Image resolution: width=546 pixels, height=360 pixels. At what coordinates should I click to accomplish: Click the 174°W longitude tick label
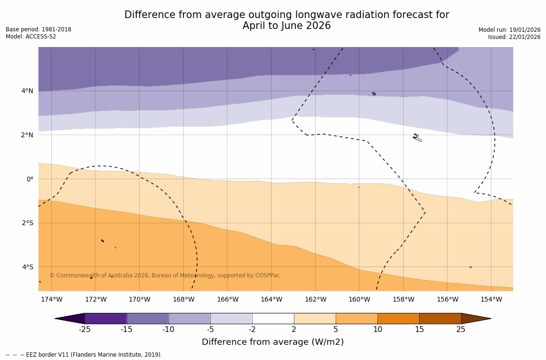pos(51,299)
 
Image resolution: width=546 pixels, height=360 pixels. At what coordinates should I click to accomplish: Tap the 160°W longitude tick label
pos(359,299)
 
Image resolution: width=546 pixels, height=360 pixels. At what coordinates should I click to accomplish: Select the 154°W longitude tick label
pos(491,299)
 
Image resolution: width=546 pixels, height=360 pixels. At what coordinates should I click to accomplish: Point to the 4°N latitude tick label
pos(28,91)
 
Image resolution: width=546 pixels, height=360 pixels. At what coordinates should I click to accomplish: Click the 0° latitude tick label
pos(30,179)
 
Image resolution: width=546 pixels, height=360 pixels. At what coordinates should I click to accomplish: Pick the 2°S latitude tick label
pos(28,223)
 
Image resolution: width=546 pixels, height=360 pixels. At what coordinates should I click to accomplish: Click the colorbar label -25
pos(85,329)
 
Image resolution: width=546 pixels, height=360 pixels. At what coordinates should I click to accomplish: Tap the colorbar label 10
pos(377,329)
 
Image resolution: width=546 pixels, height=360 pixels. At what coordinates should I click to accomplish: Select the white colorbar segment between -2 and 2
pos(273,318)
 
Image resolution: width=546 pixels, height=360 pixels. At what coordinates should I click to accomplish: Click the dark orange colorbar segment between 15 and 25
pos(440,318)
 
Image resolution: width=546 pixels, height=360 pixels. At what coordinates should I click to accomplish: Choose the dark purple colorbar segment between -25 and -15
pos(105,318)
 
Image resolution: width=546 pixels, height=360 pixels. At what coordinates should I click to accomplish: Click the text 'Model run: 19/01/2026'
pos(509,30)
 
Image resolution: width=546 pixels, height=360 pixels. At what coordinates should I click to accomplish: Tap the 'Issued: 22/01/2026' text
pos(514,37)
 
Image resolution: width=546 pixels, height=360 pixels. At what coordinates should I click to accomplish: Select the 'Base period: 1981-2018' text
pos(38,29)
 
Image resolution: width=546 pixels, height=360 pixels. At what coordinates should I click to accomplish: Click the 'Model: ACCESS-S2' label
pos(31,37)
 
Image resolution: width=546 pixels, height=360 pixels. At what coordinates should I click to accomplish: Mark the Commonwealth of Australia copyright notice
pos(165,275)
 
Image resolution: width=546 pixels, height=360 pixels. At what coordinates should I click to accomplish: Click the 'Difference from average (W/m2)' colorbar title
pos(273,342)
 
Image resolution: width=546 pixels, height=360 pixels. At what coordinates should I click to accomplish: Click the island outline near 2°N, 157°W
pos(416,137)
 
